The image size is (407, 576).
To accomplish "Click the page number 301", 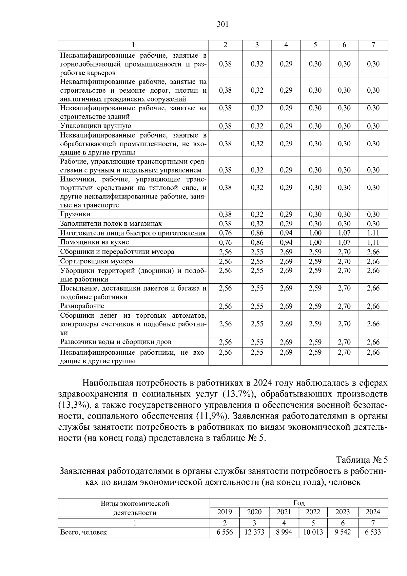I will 222,24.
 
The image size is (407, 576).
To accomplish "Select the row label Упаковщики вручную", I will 96,126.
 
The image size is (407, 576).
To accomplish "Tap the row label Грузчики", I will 75,214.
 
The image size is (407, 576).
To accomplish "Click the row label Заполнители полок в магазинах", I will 111,224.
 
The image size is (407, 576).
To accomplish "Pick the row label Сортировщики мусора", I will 97,261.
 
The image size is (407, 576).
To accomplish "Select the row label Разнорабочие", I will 82,306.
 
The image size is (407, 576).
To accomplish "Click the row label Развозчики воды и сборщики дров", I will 116,342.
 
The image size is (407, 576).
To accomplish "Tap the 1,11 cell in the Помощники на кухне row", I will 373,242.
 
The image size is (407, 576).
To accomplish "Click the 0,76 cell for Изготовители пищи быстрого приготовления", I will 225,233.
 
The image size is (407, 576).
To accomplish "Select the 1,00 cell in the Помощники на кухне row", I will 315,242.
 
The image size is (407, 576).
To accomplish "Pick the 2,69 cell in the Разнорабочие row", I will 286,306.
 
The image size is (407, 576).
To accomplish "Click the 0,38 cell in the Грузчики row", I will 225,214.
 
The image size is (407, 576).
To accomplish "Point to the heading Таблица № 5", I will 362,460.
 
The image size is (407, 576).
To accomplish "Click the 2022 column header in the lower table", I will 313,512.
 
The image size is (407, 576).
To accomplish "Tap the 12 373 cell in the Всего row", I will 254,532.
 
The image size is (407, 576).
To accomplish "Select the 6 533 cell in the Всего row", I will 373,532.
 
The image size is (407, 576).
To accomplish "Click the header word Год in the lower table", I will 299,503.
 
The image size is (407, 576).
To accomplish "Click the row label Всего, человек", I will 83,532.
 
